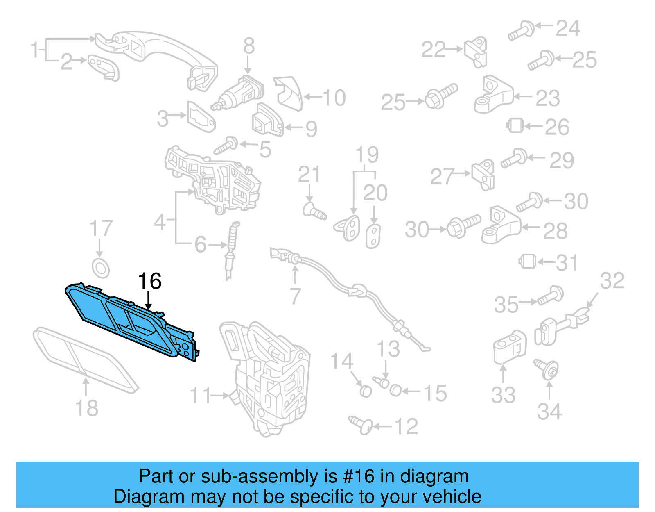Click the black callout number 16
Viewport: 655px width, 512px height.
pyautogui.click(x=150, y=281)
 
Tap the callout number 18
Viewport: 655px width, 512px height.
pyautogui.click(x=87, y=408)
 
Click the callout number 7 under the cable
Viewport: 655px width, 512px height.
pyautogui.click(x=295, y=296)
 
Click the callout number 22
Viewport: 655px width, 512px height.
pyautogui.click(x=433, y=50)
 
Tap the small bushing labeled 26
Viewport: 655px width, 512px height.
pyautogui.click(x=515, y=125)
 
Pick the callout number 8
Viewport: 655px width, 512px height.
pyautogui.click(x=249, y=46)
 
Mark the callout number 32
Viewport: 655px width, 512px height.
pyautogui.click(x=612, y=281)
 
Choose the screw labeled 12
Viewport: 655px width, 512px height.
pyautogui.click(x=360, y=424)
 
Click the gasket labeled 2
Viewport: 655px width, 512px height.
pyautogui.click(x=104, y=67)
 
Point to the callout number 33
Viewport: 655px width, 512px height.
pyautogui.click(x=503, y=395)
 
